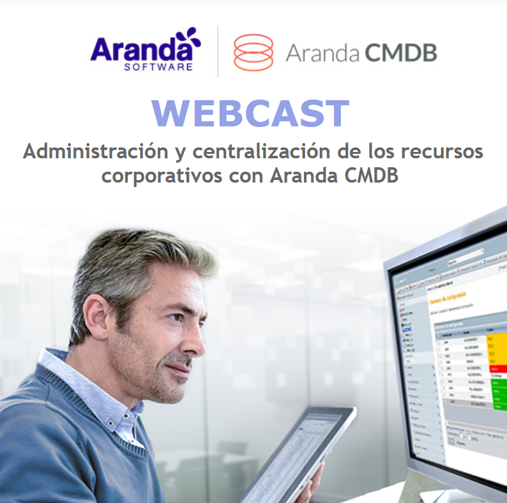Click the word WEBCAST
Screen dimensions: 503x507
[250, 114]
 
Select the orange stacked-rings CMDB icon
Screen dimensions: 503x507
[253, 52]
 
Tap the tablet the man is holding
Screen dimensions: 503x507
[300, 453]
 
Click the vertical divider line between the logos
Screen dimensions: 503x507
[218, 51]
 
